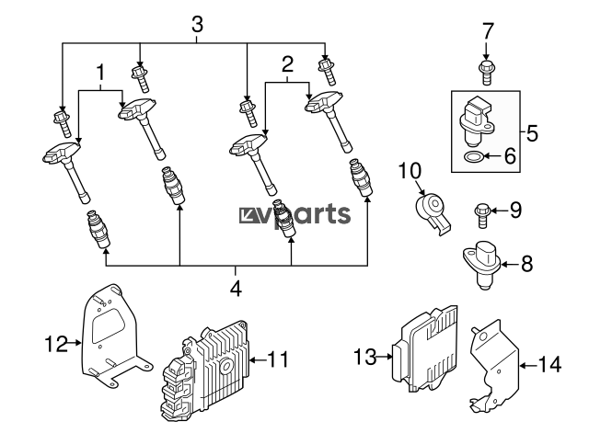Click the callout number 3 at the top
pyautogui.click(x=197, y=25)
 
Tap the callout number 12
pyautogui.click(x=56, y=343)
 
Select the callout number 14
pyautogui.click(x=549, y=364)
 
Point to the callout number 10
pyautogui.click(x=410, y=171)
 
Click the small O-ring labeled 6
pyautogui.click(x=472, y=156)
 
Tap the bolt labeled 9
pyautogui.click(x=481, y=215)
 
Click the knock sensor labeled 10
pyautogui.click(x=433, y=212)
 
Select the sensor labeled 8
pyautogui.click(x=482, y=265)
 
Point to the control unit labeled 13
pyautogui.click(x=424, y=349)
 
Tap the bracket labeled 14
pyautogui.click(x=495, y=368)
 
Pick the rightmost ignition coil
pyautogui.click(x=329, y=121)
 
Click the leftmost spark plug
pyautogui.click(x=98, y=229)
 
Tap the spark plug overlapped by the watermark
pyautogui.click(x=284, y=219)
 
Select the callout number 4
pyautogui.click(x=236, y=289)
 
